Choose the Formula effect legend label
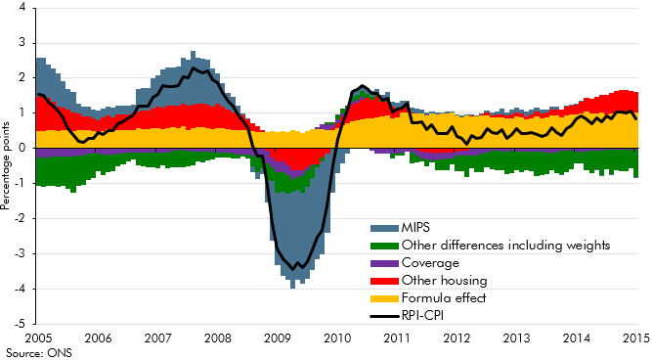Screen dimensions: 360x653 [x=430, y=297]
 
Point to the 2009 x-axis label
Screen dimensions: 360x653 [x=277, y=338]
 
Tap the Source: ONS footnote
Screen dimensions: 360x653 [x=32, y=352]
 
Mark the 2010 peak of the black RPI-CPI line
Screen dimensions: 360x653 [x=362, y=86]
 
